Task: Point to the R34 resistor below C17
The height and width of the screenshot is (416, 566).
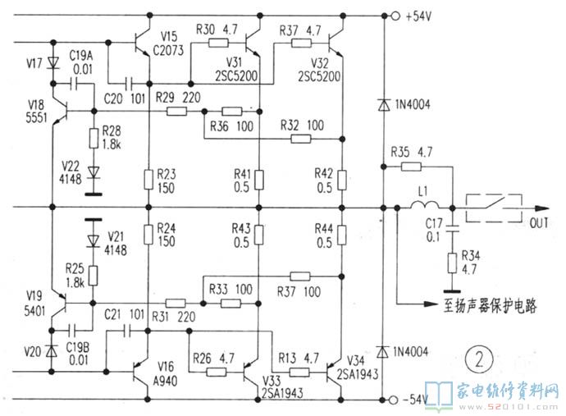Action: [450, 264]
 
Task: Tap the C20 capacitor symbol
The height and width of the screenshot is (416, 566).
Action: [130, 82]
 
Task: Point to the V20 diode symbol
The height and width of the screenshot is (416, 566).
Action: [52, 351]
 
